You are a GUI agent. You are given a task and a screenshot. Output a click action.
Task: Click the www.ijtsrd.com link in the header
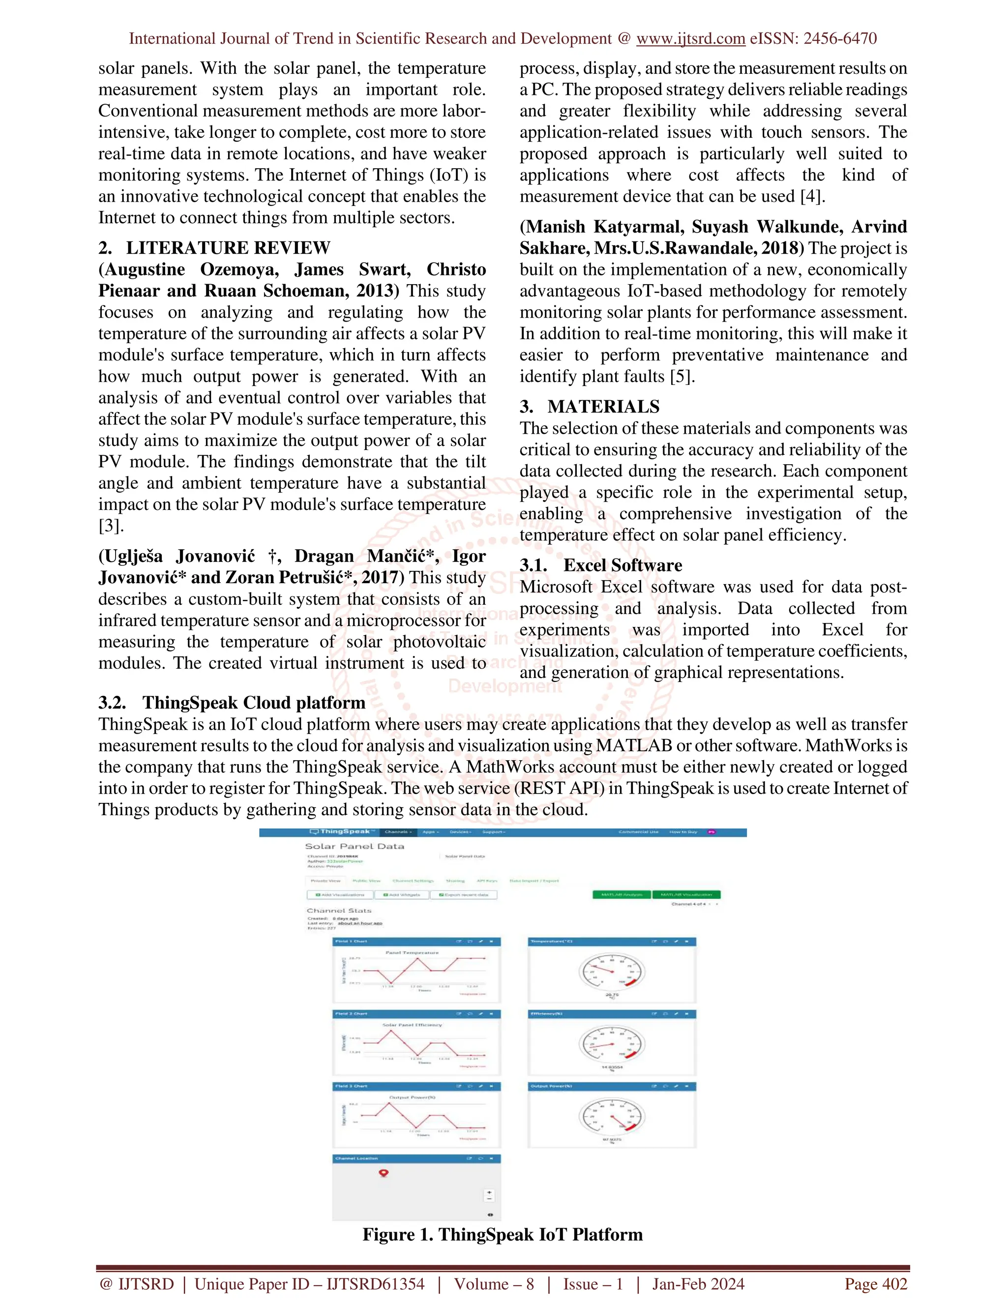(690, 39)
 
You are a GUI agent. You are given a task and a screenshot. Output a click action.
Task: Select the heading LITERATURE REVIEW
(228, 248)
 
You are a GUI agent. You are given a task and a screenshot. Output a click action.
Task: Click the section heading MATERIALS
(603, 407)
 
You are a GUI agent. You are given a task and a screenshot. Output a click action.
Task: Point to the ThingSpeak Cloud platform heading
(254, 703)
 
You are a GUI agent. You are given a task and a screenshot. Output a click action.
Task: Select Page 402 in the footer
(875, 1284)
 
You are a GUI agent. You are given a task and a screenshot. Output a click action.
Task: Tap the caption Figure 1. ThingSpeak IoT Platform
(503, 1234)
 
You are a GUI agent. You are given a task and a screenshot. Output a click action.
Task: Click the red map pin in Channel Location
(384, 1173)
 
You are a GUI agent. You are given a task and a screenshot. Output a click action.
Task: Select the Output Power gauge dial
(612, 1117)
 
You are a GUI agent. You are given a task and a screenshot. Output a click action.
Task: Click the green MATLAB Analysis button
(621, 894)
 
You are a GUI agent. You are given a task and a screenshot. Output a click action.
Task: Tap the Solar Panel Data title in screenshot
(355, 846)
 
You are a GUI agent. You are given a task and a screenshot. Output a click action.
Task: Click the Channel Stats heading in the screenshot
(339, 911)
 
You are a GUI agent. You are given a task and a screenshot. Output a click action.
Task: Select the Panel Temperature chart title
(412, 953)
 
